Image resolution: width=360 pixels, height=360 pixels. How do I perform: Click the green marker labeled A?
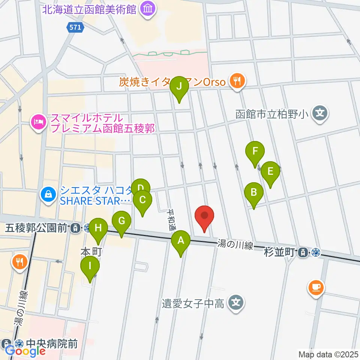181,240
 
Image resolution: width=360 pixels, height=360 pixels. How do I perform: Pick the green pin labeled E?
270,171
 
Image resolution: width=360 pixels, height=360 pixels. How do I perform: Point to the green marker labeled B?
254,193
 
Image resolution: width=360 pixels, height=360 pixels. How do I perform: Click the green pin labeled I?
90,266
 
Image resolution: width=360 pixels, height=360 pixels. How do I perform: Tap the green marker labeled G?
121,221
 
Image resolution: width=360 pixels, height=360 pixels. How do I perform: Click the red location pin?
204,216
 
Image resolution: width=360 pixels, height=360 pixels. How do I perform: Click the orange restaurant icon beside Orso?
237,81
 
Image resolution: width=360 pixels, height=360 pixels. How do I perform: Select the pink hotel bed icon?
39,121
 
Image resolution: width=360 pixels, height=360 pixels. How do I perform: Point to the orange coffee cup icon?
316,288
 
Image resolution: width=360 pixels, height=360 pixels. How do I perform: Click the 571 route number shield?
75,27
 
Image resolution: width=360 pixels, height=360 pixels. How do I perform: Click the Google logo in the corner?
25,351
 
